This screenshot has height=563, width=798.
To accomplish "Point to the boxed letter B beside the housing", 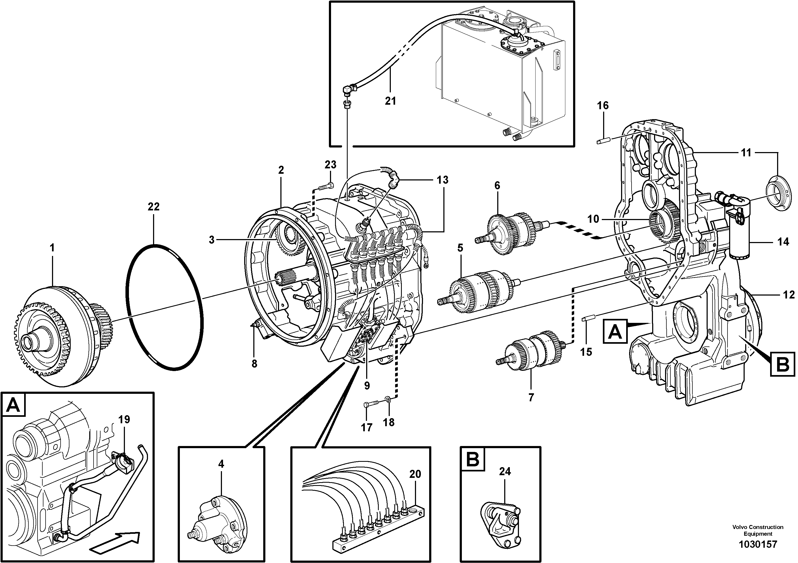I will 782,364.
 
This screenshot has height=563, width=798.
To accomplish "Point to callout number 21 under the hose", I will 390,101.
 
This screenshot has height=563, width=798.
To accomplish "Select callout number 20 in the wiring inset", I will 415,474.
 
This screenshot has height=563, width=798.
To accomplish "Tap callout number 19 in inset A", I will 124,419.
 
